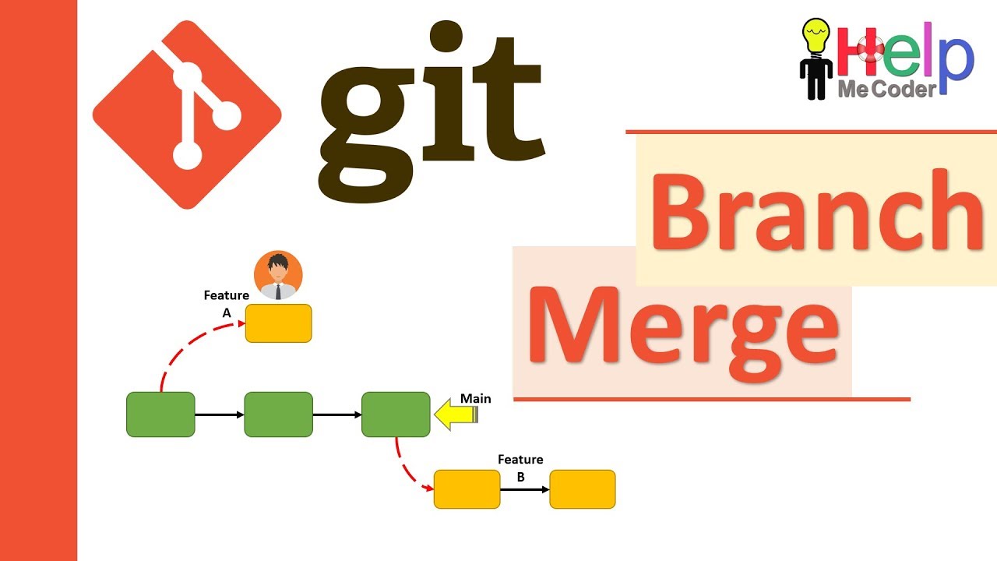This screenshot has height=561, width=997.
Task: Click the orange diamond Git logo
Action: [x=187, y=115]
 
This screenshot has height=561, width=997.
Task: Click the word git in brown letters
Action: [x=430, y=109]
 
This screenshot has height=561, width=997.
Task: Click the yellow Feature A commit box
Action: [x=278, y=323]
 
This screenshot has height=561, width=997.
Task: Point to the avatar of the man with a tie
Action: [x=278, y=275]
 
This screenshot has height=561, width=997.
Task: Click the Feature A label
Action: [x=227, y=304]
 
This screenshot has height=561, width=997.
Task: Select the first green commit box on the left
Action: [x=160, y=415]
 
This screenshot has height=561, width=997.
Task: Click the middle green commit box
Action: [x=278, y=415]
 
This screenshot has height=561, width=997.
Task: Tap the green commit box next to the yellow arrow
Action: [x=396, y=415]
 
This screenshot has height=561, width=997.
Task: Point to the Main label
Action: [x=475, y=398]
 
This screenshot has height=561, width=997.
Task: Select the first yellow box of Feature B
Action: [x=467, y=489]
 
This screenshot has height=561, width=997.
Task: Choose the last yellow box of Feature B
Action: [x=583, y=489]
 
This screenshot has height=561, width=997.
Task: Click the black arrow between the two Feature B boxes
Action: [x=524, y=489]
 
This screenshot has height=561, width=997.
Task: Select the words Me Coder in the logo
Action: [x=886, y=90]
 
